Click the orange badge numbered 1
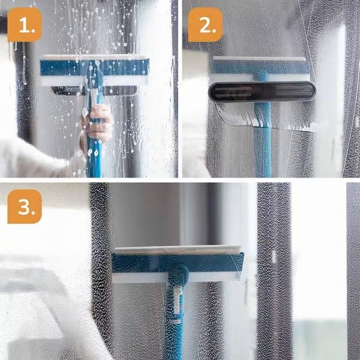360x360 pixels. (25, 25)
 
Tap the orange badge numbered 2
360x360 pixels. (205, 25)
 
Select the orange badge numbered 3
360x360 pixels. (25, 206)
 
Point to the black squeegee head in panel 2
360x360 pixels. (262, 91)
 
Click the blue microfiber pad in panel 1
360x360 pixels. (95, 67)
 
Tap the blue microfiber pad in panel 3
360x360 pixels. (178, 263)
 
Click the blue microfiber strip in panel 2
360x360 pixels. (260, 67)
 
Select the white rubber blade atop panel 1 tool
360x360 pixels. (94, 57)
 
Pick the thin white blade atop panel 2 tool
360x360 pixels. (259, 59)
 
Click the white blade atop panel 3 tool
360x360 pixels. (178, 250)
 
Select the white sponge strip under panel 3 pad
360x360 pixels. (176, 277)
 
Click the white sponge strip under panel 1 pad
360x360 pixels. (94, 81)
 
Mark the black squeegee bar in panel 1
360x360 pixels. (95, 91)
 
